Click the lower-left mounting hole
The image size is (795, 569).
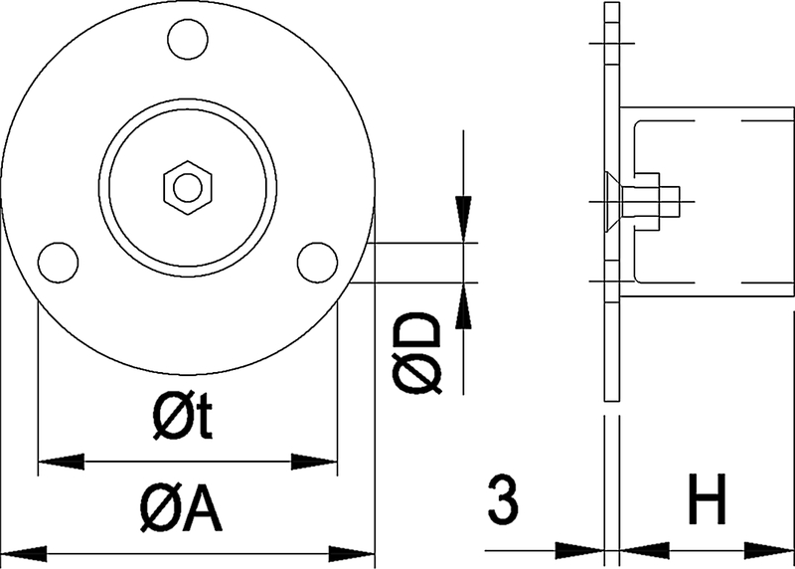click(x=58, y=262)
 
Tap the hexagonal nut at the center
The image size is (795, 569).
click(x=186, y=186)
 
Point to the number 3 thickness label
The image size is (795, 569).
click(x=504, y=500)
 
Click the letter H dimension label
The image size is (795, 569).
click(x=708, y=500)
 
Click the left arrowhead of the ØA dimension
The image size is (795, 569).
click(x=25, y=553)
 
